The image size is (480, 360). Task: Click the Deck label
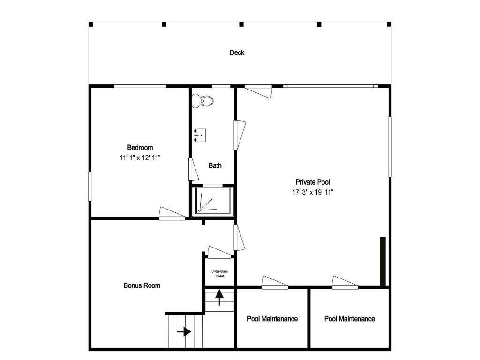coord(237,52)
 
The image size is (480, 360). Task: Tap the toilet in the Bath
coord(202,100)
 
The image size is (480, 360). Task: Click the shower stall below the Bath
coord(213,201)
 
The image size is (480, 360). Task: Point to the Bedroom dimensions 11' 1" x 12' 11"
coord(140,158)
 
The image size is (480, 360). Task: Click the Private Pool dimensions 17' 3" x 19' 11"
coord(313,192)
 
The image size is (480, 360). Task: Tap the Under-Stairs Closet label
coord(220,274)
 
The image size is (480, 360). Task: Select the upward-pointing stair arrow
coord(219,298)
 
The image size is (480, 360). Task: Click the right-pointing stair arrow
coord(184,331)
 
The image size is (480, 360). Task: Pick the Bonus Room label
coord(142,285)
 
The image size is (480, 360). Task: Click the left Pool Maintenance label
coord(272,319)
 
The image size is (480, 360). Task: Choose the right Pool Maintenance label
coord(349,319)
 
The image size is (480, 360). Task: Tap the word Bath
coord(215,165)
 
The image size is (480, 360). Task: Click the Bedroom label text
coord(140,148)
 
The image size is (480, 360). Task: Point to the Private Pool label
coord(313,182)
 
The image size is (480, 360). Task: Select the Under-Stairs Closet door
coord(219,252)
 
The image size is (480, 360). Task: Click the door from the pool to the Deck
coord(259,91)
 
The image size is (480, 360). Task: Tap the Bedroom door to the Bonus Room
coord(172,213)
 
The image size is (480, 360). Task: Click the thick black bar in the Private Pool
coord(382,261)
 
